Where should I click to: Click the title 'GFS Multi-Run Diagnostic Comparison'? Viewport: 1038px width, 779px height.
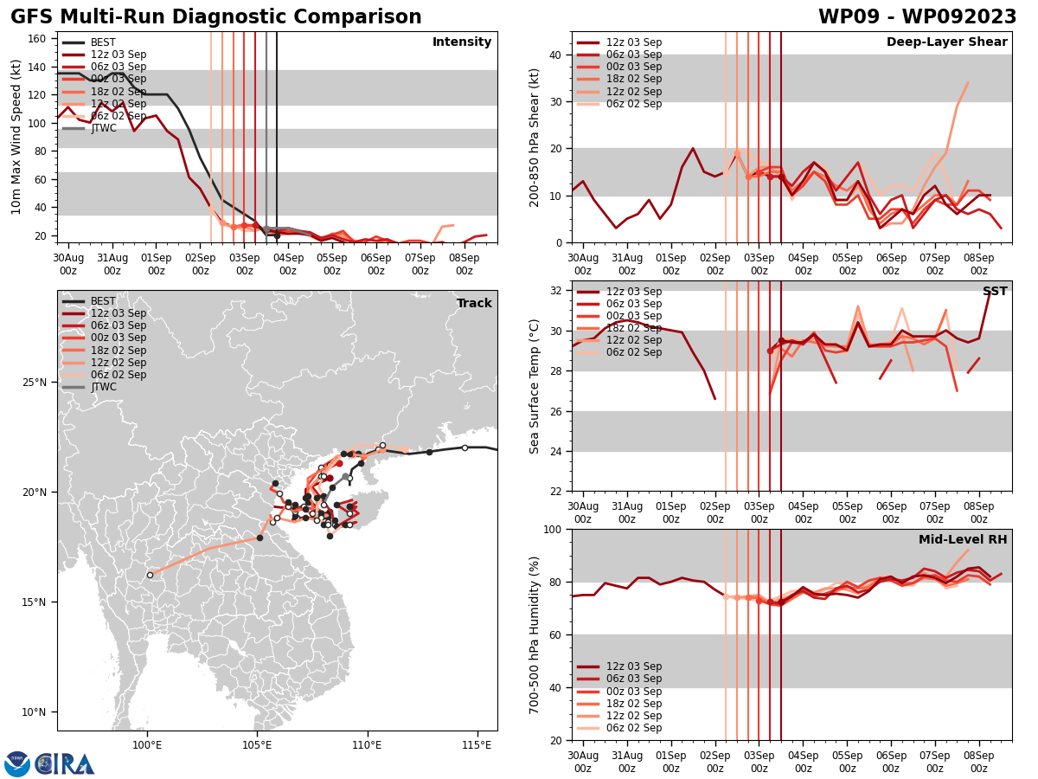216,17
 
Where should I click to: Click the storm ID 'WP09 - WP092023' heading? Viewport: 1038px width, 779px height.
917,17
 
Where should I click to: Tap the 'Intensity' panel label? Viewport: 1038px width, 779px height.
462,42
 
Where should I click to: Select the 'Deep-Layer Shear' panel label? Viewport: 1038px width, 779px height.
946,42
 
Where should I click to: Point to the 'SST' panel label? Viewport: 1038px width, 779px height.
995,292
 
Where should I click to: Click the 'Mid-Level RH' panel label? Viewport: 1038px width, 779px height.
963,540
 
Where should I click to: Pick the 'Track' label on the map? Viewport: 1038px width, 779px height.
474,304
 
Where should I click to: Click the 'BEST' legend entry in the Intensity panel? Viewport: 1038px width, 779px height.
103,42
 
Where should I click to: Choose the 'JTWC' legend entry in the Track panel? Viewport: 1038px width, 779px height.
103,387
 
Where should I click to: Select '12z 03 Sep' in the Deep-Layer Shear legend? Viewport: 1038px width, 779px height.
633,42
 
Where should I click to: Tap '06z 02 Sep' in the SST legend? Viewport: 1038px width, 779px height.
633,352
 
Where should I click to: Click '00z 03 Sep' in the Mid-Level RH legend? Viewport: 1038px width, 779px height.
633,692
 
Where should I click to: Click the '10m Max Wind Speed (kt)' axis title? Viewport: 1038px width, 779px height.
16,137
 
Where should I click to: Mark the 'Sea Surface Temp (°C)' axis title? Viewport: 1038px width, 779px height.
535,386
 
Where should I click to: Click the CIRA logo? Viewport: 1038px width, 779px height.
50,763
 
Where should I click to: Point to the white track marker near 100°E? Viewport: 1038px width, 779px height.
150,575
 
